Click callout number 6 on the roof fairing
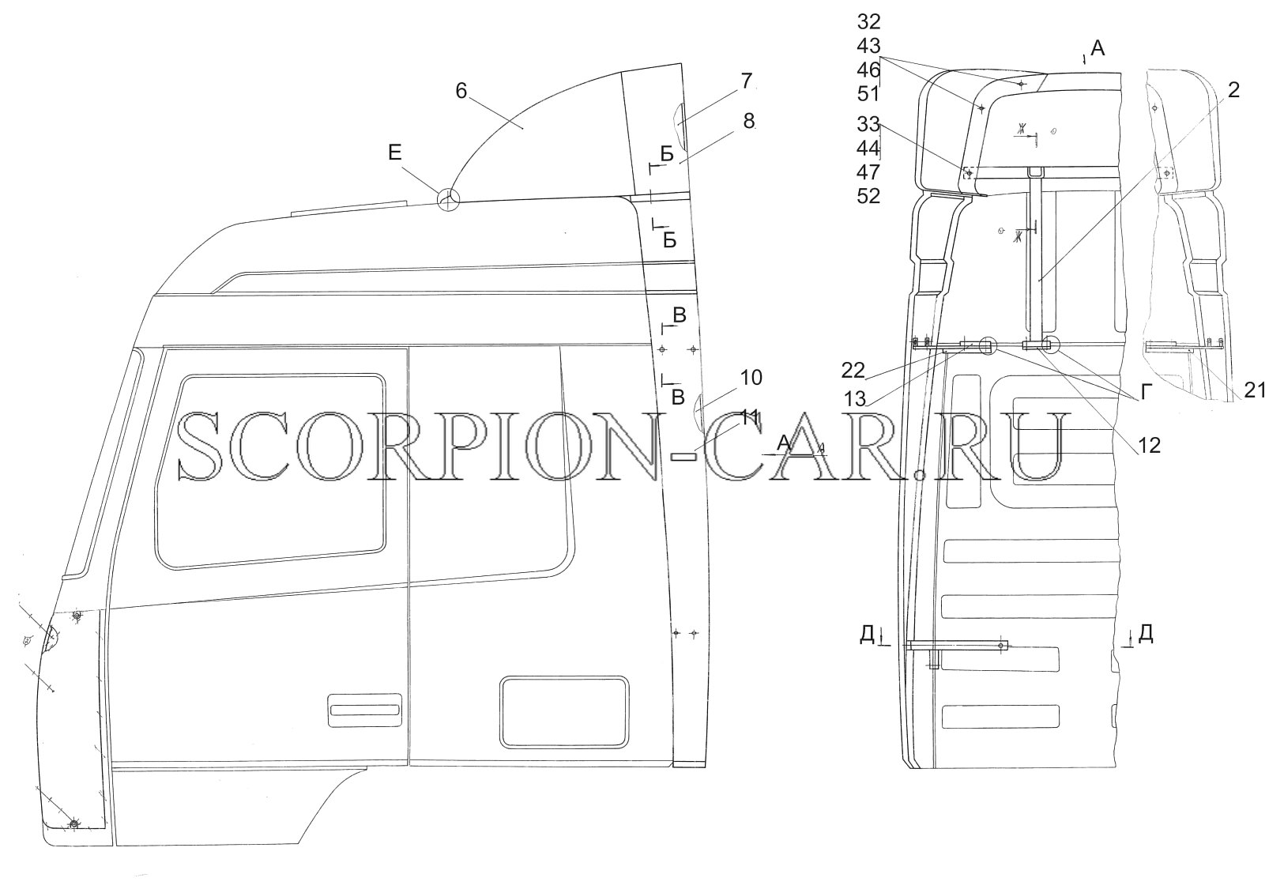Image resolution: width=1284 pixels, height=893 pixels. pyautogui.click(x=461, y=91)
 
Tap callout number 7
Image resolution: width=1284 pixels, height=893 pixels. pyautogui.click(x=745, y=81)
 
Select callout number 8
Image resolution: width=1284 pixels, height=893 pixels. pyautogui.click(x=748, y=121)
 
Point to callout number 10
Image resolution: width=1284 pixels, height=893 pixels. pyautogui.click(x=751, y=378)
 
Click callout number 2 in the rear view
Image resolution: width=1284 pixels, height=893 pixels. pyautogui.click(x=1233, y=90)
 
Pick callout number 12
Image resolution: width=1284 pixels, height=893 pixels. pyautogui.click(x=1149, y=446)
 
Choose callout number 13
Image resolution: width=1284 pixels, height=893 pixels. pyautogui.click(x=855, y=399)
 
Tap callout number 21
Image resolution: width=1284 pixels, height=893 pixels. pyautogui.click(x=1254, y=390)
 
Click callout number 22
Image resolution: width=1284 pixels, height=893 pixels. pyautogui.click(x=853, y=371)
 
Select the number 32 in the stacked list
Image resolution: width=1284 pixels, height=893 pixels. pyautogui.click(x=869, y=22)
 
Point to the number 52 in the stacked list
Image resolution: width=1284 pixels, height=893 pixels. pyautogui.click(x=869, y=196)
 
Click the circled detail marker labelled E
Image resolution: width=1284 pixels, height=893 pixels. pyautogui.click(x=448, y=200)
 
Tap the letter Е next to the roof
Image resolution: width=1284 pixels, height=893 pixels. pyautogui.click(x=395, y=153)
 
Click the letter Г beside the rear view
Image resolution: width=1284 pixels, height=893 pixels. pyautogui.click(x=1147, y=393)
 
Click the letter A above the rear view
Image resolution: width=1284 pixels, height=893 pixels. pyautogui.click(x=1098, y=49)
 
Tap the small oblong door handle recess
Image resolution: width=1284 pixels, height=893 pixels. pyautogui.click(x=364, y=710)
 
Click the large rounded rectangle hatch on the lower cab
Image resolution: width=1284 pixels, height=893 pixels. pyautogui.click(x=564, y=712)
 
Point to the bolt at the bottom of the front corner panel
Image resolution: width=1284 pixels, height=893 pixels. pyautogui.click(x=73, y=824)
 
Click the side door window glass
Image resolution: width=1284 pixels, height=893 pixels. pyautogui.click(x=270, y=471)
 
